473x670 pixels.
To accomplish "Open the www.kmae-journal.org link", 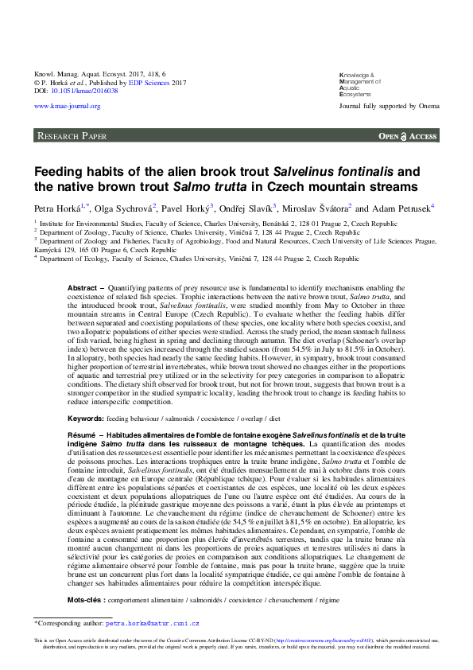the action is pyautogui.click(x=67, y=106).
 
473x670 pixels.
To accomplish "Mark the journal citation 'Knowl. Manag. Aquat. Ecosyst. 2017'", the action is pyautogui.click(x=91, y=73).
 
